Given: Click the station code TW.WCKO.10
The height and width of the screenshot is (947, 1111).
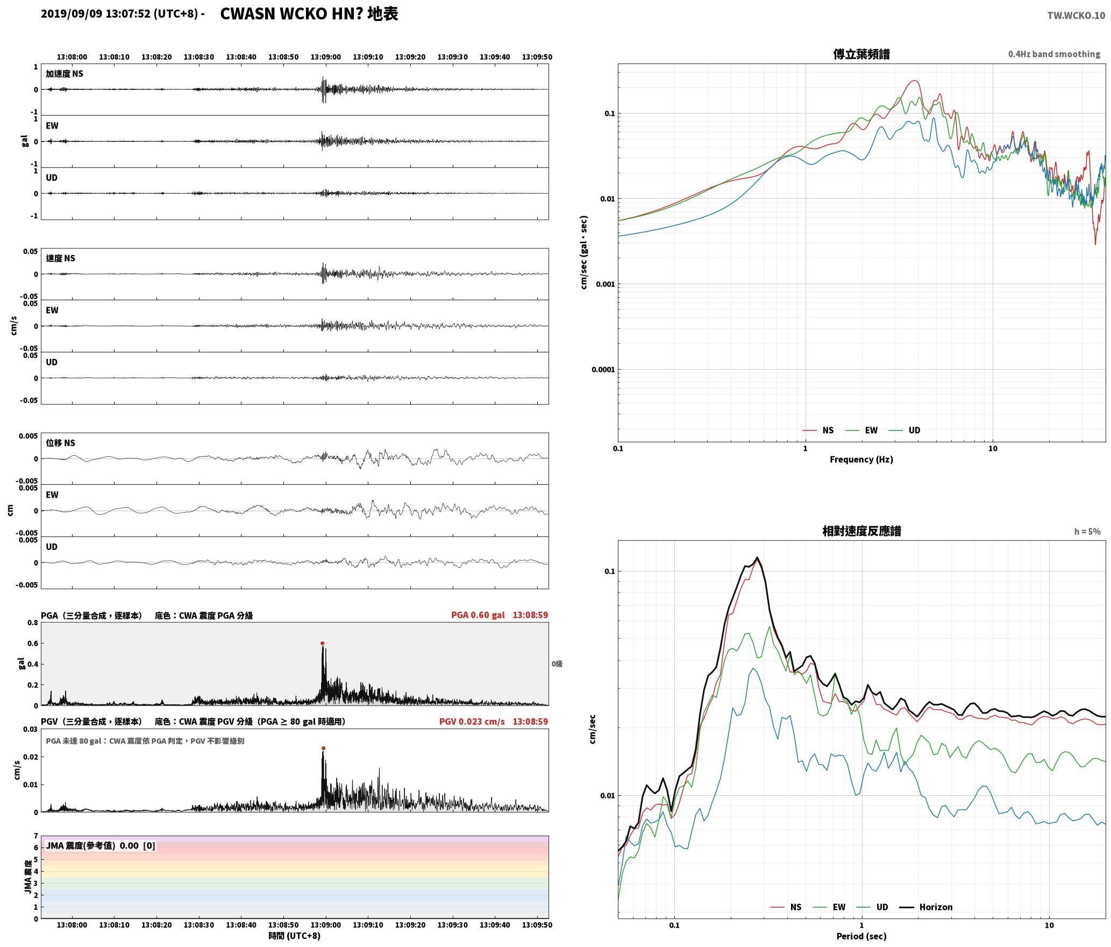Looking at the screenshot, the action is pos(1076,16).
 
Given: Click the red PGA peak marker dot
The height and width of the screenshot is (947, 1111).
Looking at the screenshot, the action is pos(323,643).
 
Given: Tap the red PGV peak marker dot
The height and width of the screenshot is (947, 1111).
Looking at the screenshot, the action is pos(323,748).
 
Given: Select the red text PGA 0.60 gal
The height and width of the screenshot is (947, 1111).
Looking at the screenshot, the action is pos(478,615).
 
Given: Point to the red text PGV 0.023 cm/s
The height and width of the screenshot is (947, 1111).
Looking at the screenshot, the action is pos(472,722).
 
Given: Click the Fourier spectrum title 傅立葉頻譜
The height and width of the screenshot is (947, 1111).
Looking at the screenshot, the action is pos(861,54).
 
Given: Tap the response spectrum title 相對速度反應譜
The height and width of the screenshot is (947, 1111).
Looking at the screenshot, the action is pos(861,531).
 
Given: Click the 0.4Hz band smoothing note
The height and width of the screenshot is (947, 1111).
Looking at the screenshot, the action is pos(1054,54).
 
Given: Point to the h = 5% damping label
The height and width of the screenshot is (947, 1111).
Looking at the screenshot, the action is pos(1087,532).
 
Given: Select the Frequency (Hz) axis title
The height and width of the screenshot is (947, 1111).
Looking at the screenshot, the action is pos(861,459).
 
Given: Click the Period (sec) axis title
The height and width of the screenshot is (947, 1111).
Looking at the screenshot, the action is pos(861,936).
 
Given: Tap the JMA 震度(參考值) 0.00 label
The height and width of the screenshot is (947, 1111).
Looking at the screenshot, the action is pos(92,845).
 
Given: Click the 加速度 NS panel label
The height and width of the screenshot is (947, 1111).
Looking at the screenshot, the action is pos(65,74).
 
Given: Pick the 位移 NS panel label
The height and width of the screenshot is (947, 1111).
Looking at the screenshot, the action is pos(60,443).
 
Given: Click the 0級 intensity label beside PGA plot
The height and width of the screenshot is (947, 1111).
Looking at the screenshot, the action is pos(557,664).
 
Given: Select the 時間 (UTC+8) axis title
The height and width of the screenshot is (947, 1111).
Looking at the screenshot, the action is pos(295,936).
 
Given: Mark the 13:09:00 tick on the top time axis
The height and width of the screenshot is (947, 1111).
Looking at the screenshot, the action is pos(326,57).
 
